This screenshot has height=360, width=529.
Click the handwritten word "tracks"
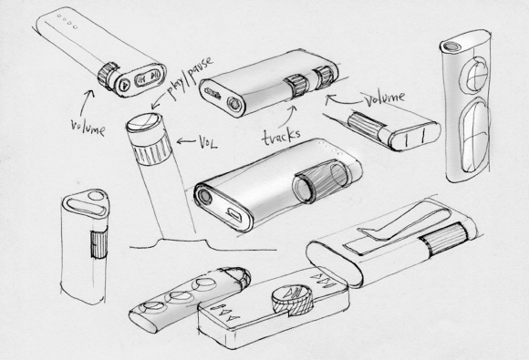tap(281, 136)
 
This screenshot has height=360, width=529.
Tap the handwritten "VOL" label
tap(207, 142)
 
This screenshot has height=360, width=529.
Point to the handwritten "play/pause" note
tap(190, 77)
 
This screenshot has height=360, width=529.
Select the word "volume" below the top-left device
tap(88, 128)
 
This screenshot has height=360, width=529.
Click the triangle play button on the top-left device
tap(124, 84)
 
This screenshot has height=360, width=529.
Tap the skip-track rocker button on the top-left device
tap(148, 77)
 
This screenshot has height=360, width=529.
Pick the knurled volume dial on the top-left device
tap(108, 76)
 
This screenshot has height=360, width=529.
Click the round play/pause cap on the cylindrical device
tap(144, 122)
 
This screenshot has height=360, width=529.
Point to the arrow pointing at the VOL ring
tap(186, 141)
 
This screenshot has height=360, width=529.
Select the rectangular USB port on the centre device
tap(234, 215)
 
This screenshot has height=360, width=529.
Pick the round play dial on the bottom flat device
tap(292, 298)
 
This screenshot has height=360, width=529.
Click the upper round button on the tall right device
tap(473, 75)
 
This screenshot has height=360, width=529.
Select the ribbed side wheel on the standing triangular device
tap(99, 242)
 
